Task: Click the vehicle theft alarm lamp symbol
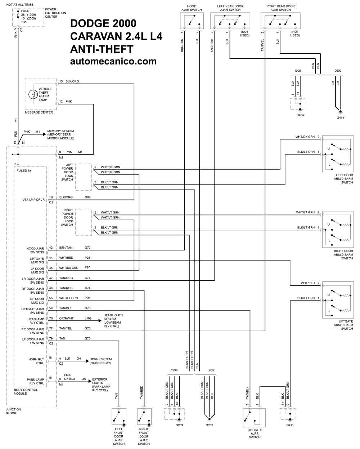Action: (x=33, y=94)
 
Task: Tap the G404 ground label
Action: (x=300, y=115)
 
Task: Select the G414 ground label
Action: (x=340, y=118)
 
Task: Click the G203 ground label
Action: (x=179, y=425)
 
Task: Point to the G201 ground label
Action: (x=209, y=425)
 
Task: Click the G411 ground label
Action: (x=290, y=425)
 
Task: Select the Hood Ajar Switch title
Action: (x=192, y=8)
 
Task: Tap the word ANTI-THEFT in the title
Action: (x=102, y=49)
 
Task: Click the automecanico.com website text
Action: (x=113, y=61)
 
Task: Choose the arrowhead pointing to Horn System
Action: (x=87, y=361)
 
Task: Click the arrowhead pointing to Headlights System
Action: (x=100, y=321)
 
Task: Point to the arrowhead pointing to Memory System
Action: (x=44, y=134)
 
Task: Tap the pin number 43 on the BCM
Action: (x=51, y=248)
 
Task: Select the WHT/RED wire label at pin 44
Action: (x=66, y=258)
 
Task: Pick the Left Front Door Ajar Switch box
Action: (x=119, y=417)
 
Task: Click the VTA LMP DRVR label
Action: (x=33, y=200)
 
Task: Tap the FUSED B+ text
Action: (x=24, y=171)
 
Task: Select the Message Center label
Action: (x=39, y=112)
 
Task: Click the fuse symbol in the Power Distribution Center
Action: (x=18, y=15)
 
